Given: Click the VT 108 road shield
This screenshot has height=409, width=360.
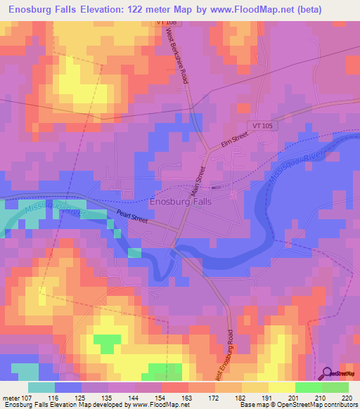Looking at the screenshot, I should click(x=165, y=23).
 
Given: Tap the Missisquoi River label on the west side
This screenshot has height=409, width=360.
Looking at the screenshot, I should click(x=49, y=209).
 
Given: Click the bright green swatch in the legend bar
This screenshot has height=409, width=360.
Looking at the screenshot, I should click(x=309, y=387).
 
